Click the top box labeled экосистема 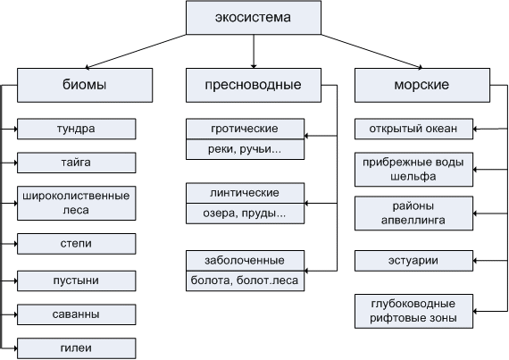[x=254, y=18]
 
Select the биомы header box [x=85, y=85]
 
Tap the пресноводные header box [x=254, y=85]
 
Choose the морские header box [x=422, y=85]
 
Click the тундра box [x=76, y=129]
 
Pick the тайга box [x=76, y=163]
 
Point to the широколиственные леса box [x=76, y=203]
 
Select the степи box [x=76, y=244]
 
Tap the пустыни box [x=76, y=280]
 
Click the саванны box [x=76, y=314]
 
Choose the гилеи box [x=76, y=348]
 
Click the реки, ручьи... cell [x=245, y=149]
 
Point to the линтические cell [x=245, y=193]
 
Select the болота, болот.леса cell [x=245, y=280]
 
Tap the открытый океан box [x=413, y=129]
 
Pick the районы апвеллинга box [x=413, y=213]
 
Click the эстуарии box [x=413, y=261]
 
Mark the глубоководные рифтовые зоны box [x=413, y=311]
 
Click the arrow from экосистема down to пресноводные [x=254, y=51]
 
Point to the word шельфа [x=413, y=177]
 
